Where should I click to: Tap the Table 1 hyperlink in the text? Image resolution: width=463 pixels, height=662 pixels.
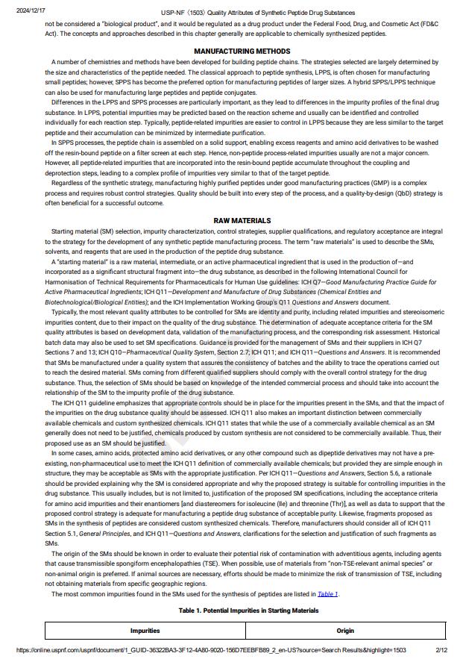pyautogui.click(x=327, y=594)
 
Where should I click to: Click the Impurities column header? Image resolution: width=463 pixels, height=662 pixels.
pyautogui.click(x=145, y=631)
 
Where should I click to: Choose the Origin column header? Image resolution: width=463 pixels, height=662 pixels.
pyautogui.click(x=345, y=631)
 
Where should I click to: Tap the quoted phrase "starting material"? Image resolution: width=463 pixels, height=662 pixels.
pyautogui.click(x=83, y=262)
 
